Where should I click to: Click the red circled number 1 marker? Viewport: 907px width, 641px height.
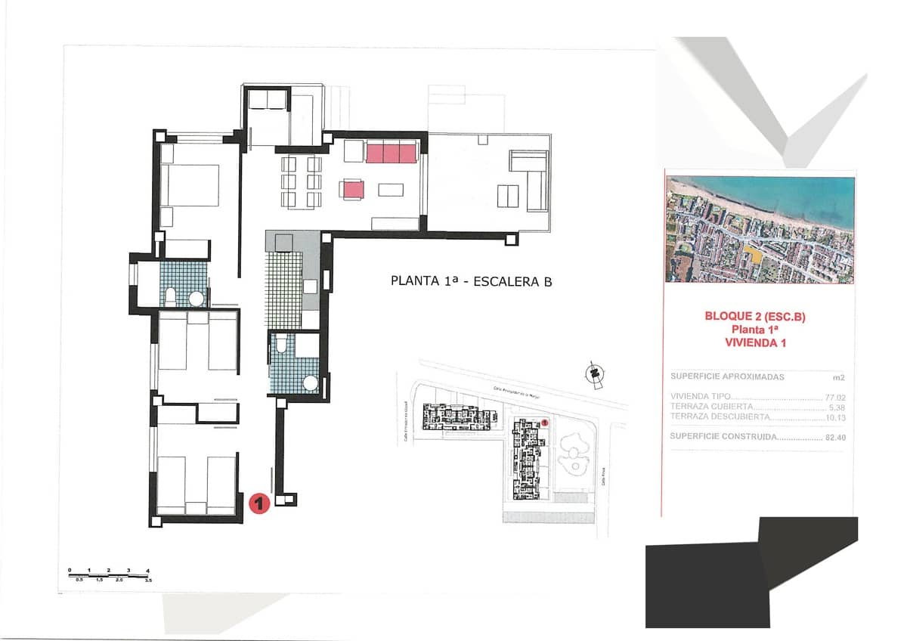pyautogui.click(x=259, y=503)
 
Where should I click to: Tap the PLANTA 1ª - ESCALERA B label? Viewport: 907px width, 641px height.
pyautogui.click(x=471, y=281)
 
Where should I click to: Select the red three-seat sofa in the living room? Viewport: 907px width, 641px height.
pyautogui.click(x=392, y=153)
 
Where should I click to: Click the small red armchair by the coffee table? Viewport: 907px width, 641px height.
pyautogui.click(x=352, y=190)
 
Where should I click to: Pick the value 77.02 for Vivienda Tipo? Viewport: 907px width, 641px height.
pyautogui.click(x=834, y=397)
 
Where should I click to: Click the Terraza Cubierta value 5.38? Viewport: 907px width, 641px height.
pyautogui.click(x=836, y=407)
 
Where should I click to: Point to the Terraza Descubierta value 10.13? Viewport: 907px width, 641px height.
pyautogui.click(x=834, y=416)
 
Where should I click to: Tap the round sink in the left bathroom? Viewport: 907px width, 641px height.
pyautogui.click(x=197, y=299)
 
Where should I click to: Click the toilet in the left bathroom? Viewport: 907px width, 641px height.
pyautogui.click(x=171, y=296)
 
